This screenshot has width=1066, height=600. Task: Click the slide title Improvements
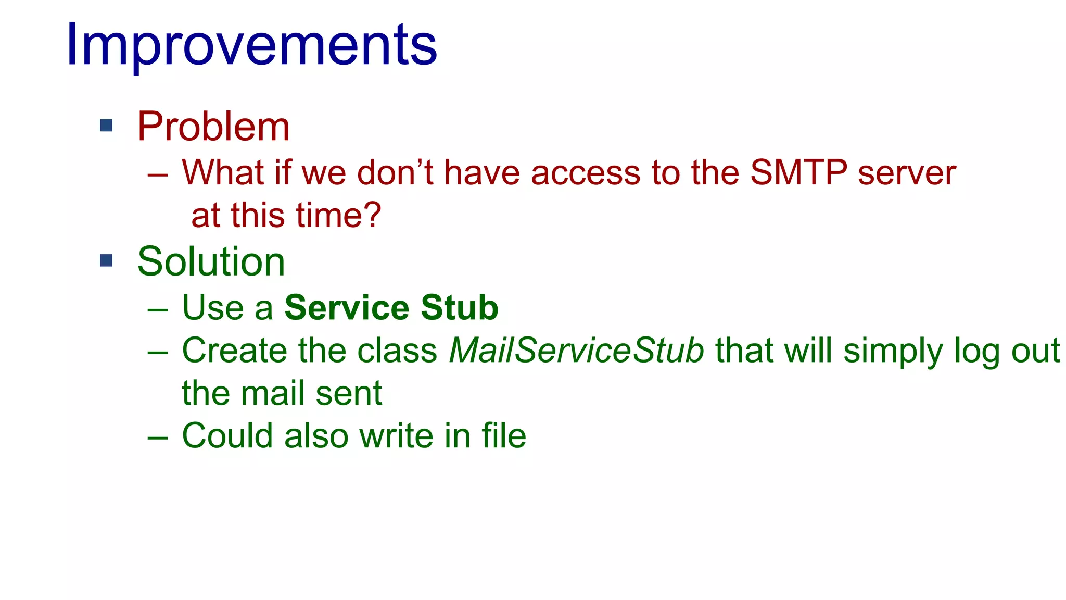tap(251, 46)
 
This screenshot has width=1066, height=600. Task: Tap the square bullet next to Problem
tap(106, 126)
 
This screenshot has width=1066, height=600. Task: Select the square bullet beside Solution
tap(106, 260)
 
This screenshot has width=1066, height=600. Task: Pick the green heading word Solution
tap(211, 261)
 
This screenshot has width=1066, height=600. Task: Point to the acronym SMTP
tap(798, 172)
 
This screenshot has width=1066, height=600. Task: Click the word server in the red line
tap(907, 172)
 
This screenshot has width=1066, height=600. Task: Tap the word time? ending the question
tap(338, 215)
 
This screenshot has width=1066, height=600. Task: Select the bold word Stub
tap(460, 307)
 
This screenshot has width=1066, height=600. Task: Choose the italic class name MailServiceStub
tap(576, 350)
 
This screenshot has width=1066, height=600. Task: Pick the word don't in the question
tap(395, 172)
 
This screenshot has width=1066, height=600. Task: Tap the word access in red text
tap(585, 172)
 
